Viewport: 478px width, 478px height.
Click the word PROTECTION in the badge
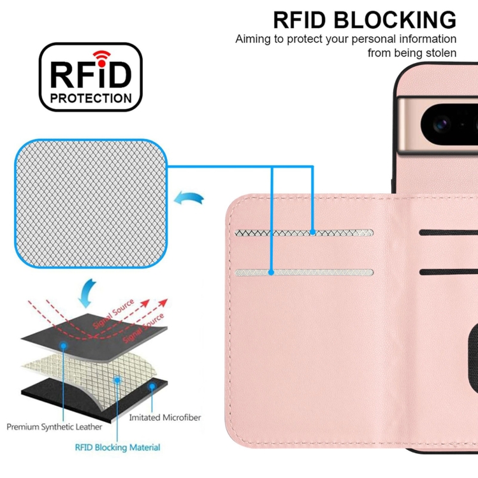[x=91, y=98]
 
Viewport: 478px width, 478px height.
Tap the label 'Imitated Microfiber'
[x=165, y=417]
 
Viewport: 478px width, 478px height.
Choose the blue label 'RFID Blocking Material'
[x=118, y=447]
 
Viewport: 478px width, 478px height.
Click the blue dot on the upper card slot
[x=313, y=233]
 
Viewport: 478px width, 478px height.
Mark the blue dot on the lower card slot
[x=271, y=272]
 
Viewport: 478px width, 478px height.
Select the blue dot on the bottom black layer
[x=152, y=387]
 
